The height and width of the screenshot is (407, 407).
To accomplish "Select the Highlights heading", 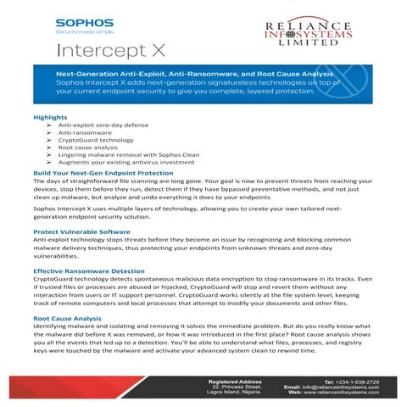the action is [x=50, y=116].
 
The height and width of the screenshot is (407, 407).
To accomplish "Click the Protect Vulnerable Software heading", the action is [x=82, y=231].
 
